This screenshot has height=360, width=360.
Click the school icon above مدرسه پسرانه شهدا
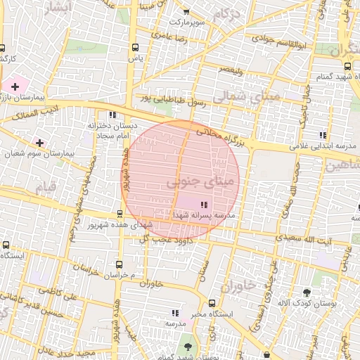194,205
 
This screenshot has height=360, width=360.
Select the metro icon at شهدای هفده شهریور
119,214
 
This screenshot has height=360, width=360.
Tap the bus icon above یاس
134,48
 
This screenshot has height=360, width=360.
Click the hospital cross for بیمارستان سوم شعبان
40,143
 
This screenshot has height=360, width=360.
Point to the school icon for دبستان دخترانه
112,115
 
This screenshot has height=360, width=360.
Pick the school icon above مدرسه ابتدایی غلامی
323,135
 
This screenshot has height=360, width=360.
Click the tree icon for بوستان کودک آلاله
307,292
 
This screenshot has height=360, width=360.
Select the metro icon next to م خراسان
119,264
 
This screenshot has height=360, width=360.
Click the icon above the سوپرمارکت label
186,12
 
